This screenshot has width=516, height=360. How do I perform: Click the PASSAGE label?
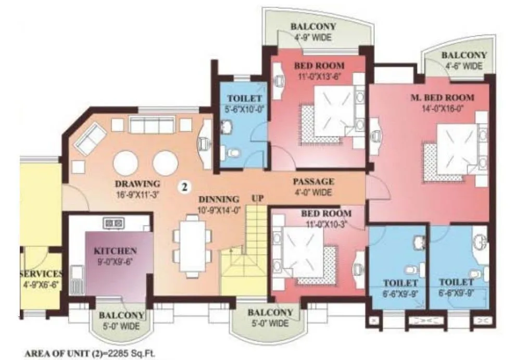coord(312,181)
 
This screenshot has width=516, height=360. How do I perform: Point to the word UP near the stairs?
coord(258,198)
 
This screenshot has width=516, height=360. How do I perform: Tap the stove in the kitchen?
coord(114,224)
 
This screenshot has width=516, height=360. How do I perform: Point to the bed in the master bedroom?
coord(452,152)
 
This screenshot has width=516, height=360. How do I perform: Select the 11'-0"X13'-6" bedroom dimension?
coord(319,75)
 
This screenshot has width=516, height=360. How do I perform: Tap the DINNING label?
coord(218,199)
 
